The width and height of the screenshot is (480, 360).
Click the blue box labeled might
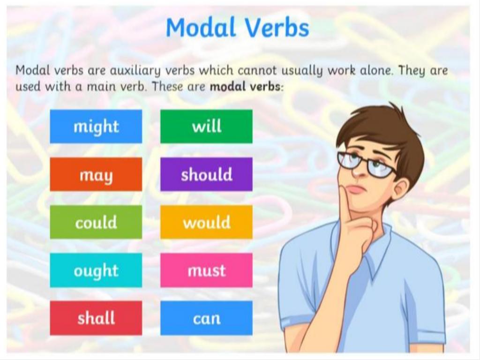96,126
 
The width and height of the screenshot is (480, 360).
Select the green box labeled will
206,126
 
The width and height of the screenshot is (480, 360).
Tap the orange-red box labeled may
96,174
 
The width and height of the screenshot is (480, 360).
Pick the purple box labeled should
206,174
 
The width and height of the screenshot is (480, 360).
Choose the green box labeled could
96,222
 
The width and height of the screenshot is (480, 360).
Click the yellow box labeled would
206,222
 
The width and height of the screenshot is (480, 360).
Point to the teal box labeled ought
96,270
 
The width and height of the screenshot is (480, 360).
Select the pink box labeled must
206,270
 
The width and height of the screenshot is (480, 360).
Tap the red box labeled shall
96,318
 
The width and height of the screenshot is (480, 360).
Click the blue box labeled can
206,318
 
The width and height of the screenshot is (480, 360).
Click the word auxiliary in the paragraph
135,71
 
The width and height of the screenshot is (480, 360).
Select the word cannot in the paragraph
257,71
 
